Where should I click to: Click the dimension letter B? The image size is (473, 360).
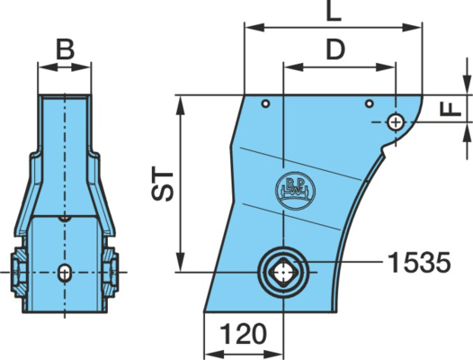pos(66,49)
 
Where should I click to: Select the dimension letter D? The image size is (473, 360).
pos(335,49)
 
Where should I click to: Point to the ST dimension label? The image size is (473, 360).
pos(162,184)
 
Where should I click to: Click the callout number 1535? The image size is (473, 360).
pos(419,263)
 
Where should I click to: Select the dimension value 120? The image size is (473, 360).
pos(243,334)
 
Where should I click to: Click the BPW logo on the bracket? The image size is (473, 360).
pos(295,190)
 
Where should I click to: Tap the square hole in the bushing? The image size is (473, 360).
pos(283,272)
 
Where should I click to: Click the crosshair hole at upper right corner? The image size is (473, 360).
pos(396,122)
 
